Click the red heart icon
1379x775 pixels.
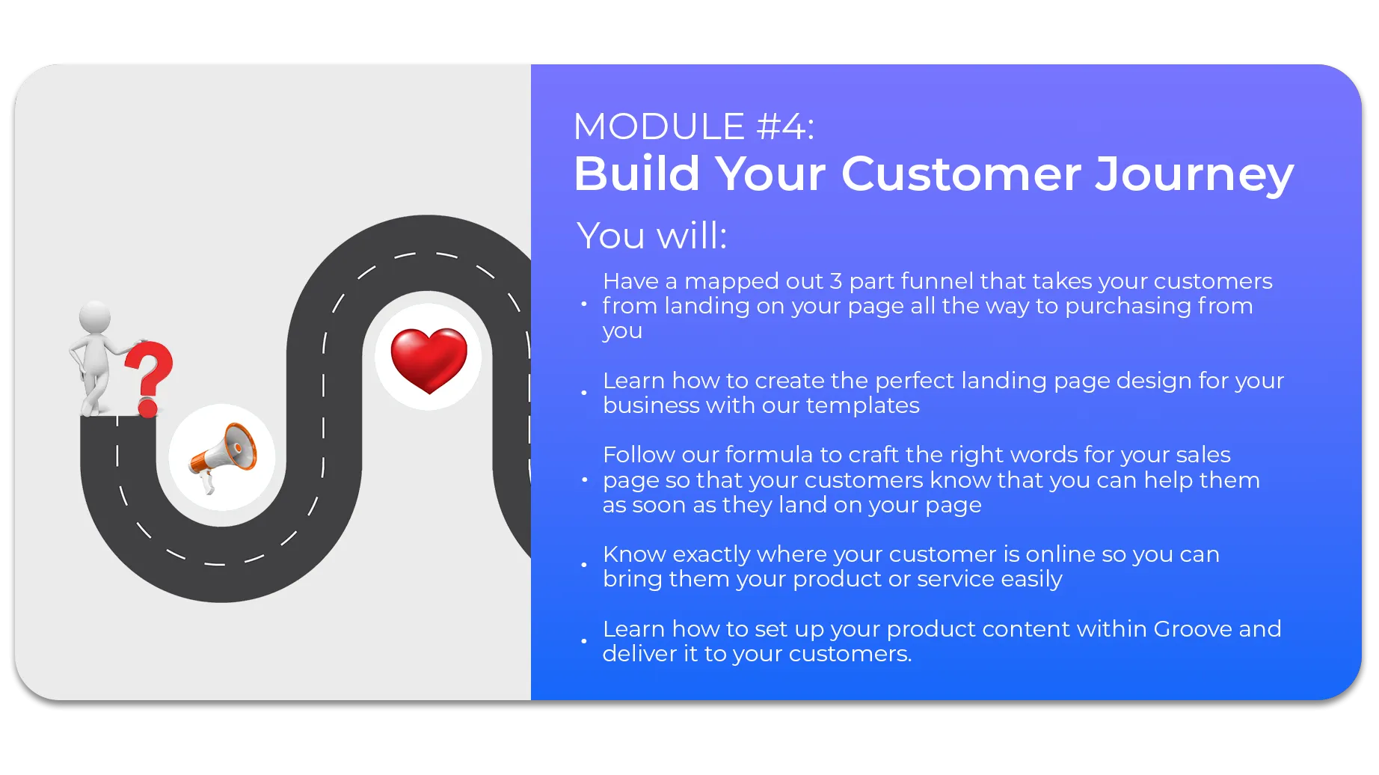[429, 359]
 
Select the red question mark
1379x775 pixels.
[148, 379]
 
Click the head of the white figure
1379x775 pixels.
[95, 317]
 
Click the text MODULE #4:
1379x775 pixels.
[694, 126]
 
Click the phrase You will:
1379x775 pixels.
[652, 236]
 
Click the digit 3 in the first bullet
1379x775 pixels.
[836, 281]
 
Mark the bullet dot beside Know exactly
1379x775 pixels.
[584, 565]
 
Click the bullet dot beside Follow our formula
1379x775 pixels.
[584, 480]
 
